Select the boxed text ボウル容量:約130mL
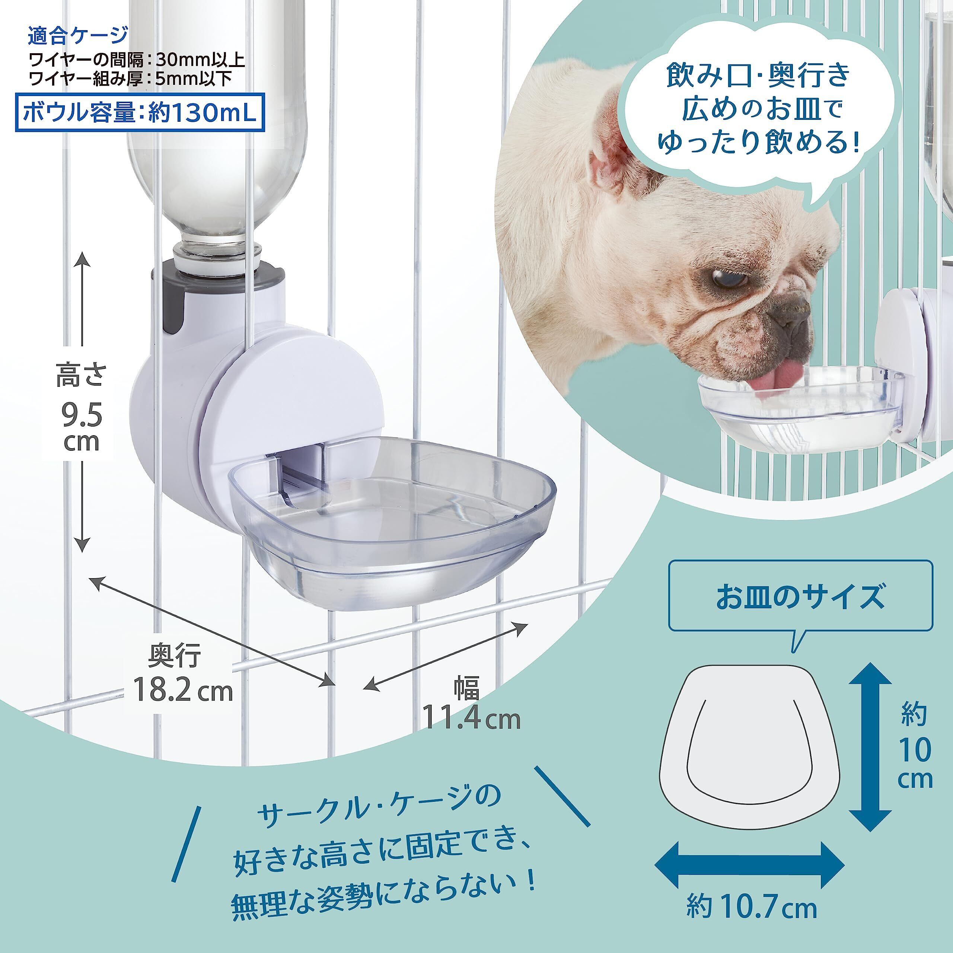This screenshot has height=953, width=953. (140, 114)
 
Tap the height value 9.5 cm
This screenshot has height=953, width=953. (82, 428)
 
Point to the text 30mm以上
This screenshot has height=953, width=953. (200, 60)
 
